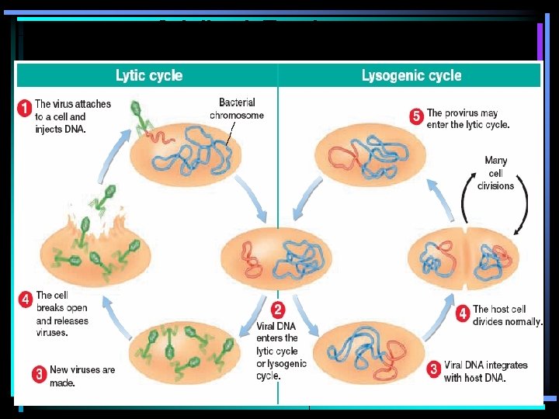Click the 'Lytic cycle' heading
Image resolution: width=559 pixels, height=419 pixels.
click(x=148, y=75)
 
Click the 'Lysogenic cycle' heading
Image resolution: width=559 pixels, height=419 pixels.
click(x=411, y=75)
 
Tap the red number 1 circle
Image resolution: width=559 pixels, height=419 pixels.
click(x=25, y=109)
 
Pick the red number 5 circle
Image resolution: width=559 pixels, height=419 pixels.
click(x=416, y=117)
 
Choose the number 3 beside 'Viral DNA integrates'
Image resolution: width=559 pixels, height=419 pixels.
click(x=433, y=369)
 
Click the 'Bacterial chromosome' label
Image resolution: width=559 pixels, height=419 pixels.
click(x=237, y=109)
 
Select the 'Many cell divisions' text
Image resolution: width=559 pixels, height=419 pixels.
click(x=495, y=173)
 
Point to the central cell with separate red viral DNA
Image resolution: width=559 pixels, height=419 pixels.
click(x=276, y=258)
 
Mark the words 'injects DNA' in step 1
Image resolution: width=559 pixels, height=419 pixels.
click(x=60, y=130)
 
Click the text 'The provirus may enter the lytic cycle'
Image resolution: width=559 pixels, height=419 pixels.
click(x=468, y=118)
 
